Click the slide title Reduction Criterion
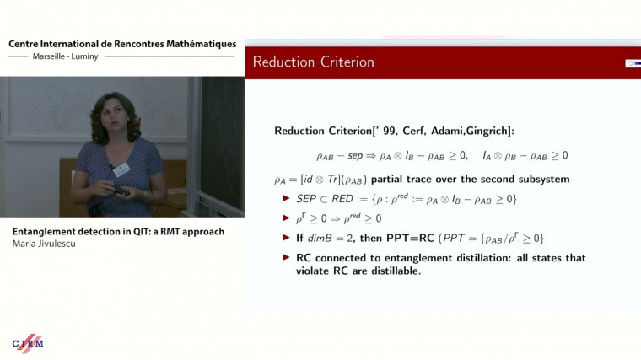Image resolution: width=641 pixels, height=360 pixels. click(x=313, y=62)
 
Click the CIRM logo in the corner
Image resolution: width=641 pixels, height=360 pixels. click(x=28, y=343)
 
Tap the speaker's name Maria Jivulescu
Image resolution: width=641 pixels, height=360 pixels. click(x=51, y=244)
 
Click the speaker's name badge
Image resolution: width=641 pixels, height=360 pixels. click(x=121, y=169)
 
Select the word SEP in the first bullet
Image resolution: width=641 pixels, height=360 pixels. click(x=302, y=198)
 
